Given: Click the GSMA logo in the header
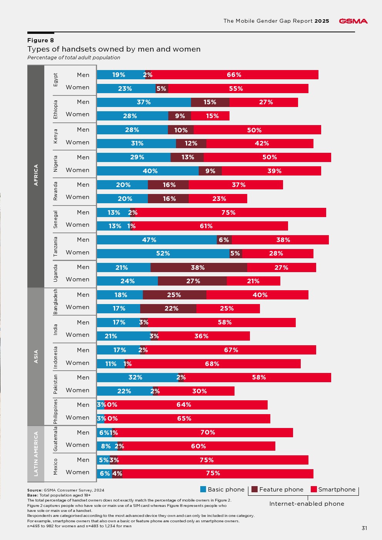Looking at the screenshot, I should pos(353,21).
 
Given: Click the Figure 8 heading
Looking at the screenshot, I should pos(40,40).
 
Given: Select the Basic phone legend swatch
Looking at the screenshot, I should pos(203,489).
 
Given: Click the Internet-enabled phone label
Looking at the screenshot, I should pos(307,504).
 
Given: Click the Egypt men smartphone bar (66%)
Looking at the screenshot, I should pos(234,75).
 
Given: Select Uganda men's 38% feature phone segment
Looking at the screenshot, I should pos(198,267).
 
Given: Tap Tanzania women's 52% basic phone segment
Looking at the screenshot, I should pos(163,254).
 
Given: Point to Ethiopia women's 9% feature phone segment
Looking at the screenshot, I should pos(180,116).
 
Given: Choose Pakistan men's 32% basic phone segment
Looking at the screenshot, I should pos(136,378).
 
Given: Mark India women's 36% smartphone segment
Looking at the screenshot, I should pos(202,336).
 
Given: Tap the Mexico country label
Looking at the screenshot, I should pos(55,466).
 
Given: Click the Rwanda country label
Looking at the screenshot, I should pos(55,191).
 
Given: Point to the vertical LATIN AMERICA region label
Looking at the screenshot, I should pos(36,453).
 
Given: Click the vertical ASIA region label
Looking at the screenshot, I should pos(36,356).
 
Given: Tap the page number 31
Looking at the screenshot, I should pos(364,528).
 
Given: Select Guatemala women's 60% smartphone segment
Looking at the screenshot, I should pos(199,446).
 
